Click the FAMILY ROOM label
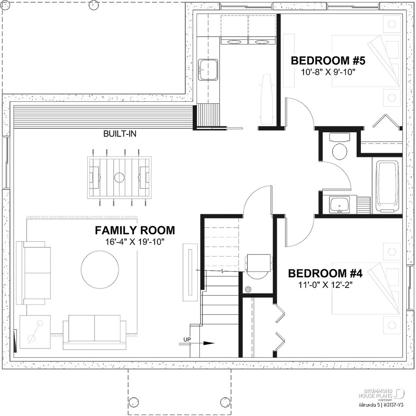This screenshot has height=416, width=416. point(135,230)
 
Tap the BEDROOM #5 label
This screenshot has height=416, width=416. point(328,61)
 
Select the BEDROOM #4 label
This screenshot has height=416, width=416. point(325,273)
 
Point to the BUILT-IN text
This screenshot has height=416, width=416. point(119,134)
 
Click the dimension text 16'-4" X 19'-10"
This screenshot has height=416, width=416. point(135,242)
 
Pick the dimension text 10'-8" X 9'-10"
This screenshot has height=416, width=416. point(328,72)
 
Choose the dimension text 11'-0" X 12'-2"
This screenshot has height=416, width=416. point(325,284)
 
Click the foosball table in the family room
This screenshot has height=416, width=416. point(119,177)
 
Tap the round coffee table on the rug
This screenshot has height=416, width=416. point(100,269)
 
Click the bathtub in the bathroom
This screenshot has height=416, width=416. point(387,186)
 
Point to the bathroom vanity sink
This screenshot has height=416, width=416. point(339,204)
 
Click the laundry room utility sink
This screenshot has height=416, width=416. point(208,70)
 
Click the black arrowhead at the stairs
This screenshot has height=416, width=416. point(208,343)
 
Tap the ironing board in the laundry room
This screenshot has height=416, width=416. point(266,98)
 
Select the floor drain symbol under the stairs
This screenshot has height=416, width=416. point(249,289)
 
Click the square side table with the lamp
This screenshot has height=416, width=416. point(35,331)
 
